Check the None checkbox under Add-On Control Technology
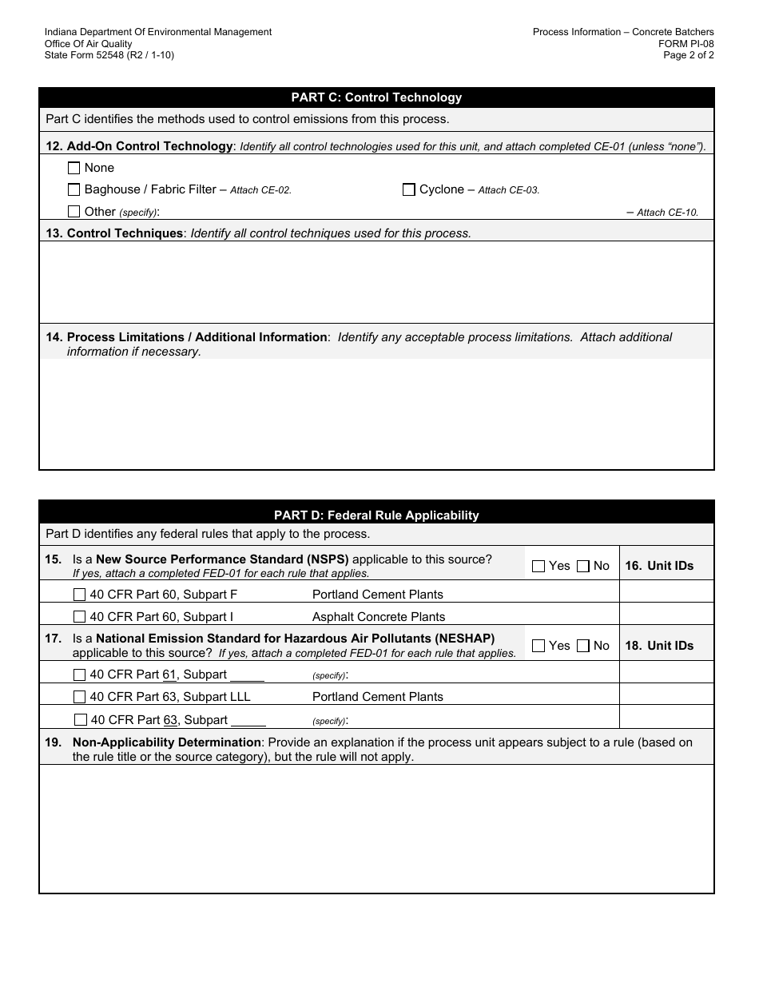74,168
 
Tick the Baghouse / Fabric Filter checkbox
74,189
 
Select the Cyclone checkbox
409,189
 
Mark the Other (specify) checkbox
74,212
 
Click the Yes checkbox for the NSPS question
538,566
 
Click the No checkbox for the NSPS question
583,566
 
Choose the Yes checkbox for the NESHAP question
538,646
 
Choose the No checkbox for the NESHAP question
583,646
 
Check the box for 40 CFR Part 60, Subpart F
80,595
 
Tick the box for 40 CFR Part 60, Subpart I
80,617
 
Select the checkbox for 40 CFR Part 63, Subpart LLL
80,697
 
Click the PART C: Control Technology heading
376,98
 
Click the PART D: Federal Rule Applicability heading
376,515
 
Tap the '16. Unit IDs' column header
659,566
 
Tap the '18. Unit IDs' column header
659,646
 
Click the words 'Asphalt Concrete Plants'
379,617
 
